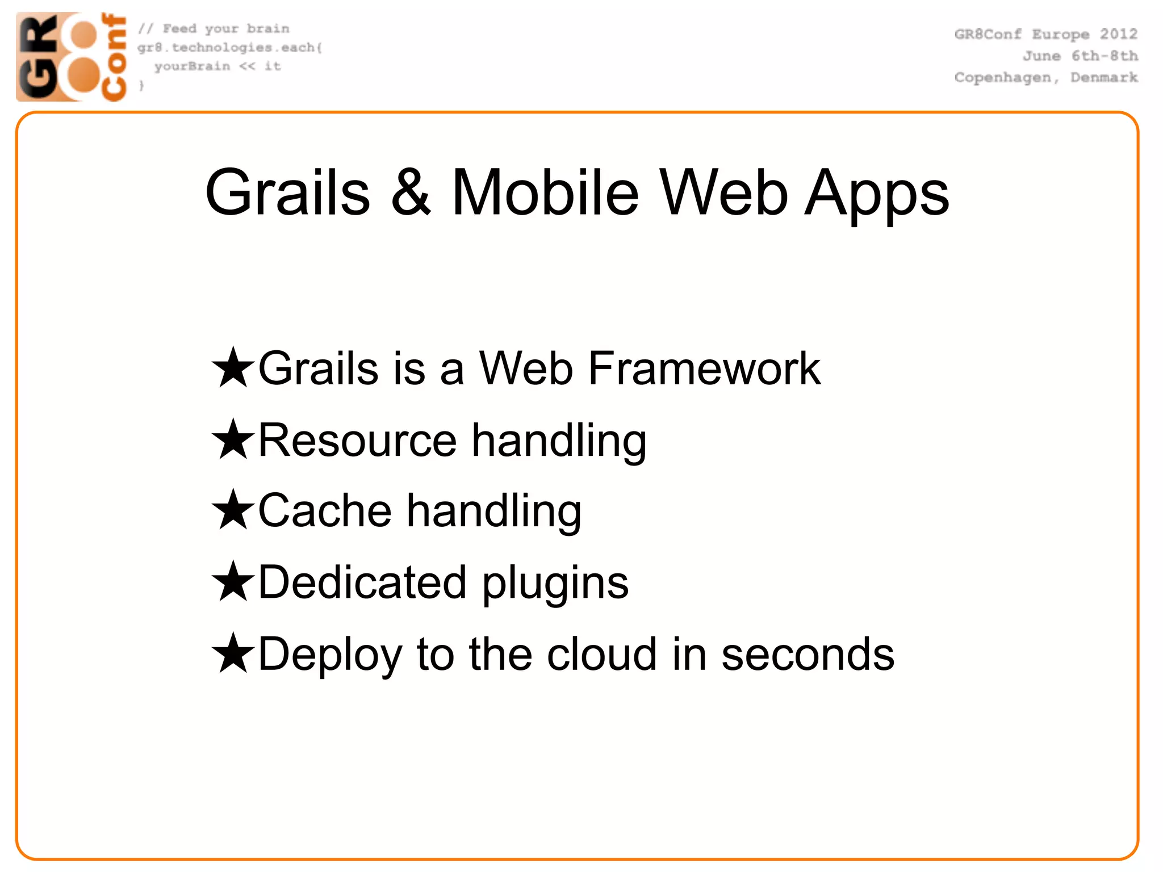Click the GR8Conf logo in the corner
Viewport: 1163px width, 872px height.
point(71,57)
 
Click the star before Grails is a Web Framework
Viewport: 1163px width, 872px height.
point(233,368)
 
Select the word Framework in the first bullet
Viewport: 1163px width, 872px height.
point(704,368)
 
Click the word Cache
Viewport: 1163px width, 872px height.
point(325,510)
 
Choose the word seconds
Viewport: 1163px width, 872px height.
point(808,654)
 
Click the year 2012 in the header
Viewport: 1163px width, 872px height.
point(1118,34)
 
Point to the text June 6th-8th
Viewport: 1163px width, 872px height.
point(1080,56)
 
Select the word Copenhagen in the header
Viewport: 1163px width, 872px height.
point(1003,78)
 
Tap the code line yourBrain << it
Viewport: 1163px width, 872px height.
point(217,66)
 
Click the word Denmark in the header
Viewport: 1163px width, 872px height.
point(1104,77)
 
